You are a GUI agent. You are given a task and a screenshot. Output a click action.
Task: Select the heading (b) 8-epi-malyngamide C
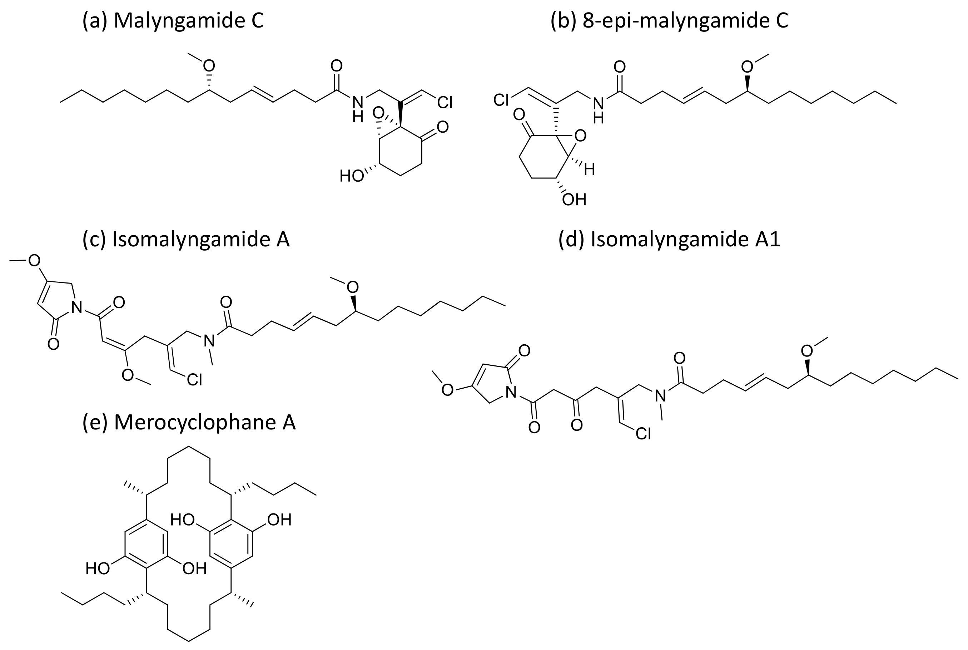click(669, 21)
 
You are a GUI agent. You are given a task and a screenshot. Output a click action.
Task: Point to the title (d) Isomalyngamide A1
click(669, 239)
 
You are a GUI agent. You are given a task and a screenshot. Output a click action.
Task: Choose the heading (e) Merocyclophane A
click(189, 422)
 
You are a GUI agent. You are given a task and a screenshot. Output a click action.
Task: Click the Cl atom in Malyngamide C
click(445, 102)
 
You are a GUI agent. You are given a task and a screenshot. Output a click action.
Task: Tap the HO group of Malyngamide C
click(351, 176)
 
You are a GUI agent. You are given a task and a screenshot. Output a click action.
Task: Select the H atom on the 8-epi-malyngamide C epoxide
click(590, 169)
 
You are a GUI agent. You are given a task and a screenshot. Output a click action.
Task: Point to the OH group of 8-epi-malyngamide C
click(574, 200)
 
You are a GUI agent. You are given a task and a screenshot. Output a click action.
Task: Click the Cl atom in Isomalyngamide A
click(194, 379)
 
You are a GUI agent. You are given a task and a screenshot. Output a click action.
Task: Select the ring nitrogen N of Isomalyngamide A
click(76, 307)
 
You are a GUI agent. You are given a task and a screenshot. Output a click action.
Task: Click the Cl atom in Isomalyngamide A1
click(643, 434)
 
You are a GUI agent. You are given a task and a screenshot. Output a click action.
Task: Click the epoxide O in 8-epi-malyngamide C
click(581, 136)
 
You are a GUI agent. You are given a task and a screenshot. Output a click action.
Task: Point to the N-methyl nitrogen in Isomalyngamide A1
click(660, 396)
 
